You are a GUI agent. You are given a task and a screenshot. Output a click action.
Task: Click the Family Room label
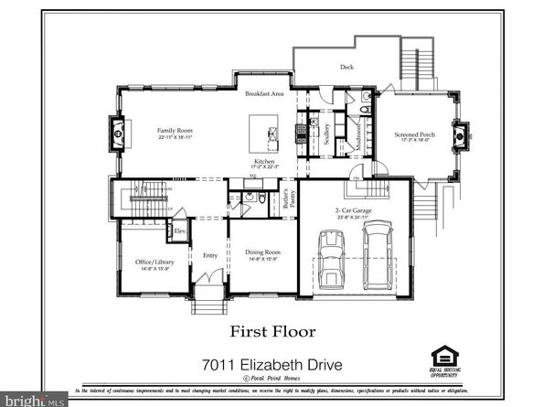click(174, 133)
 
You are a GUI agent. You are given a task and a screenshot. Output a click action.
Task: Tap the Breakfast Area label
click(265, 95)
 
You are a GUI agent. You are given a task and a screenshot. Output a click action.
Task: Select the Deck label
click(346, 67)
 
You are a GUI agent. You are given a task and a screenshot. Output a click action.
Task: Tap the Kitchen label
click(265, 161)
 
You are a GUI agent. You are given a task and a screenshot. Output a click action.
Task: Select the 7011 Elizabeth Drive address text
click(272, 365)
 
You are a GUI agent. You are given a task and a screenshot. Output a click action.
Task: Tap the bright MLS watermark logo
click(34, 400)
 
